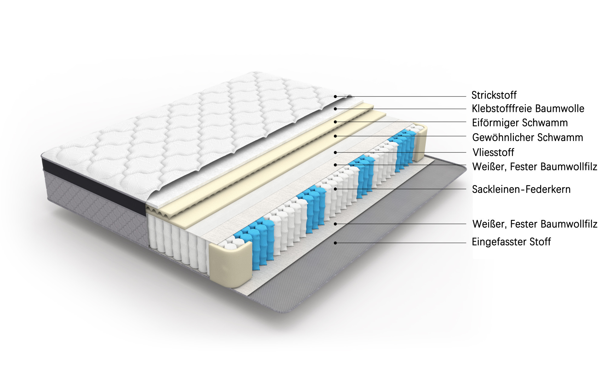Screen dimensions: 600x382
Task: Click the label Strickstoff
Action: [494, 95]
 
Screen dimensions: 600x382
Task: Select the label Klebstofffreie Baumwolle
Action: [528, 109]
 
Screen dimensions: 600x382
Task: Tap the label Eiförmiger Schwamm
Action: [520, 123]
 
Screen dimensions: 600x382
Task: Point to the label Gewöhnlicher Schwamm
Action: [527, 137]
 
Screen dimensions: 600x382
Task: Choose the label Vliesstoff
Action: [493, 152]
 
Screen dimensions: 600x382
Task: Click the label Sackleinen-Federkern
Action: [521, 189]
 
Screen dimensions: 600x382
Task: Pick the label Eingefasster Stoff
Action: [511, 242]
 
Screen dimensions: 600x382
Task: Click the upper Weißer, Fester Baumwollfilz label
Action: [535, 167]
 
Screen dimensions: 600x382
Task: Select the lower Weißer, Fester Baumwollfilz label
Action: [535, 224]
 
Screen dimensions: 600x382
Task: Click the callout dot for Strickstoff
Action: [335, 96]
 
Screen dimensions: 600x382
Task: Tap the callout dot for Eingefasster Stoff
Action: [335, 243]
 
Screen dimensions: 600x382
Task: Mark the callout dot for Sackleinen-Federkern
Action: [335, 189]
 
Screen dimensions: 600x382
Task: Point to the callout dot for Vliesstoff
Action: [335, 152]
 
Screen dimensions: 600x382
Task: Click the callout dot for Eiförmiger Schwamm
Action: [335, 122]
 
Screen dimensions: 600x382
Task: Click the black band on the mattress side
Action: [94, 185]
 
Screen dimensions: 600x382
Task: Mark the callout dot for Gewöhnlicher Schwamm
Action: [335, 136]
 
